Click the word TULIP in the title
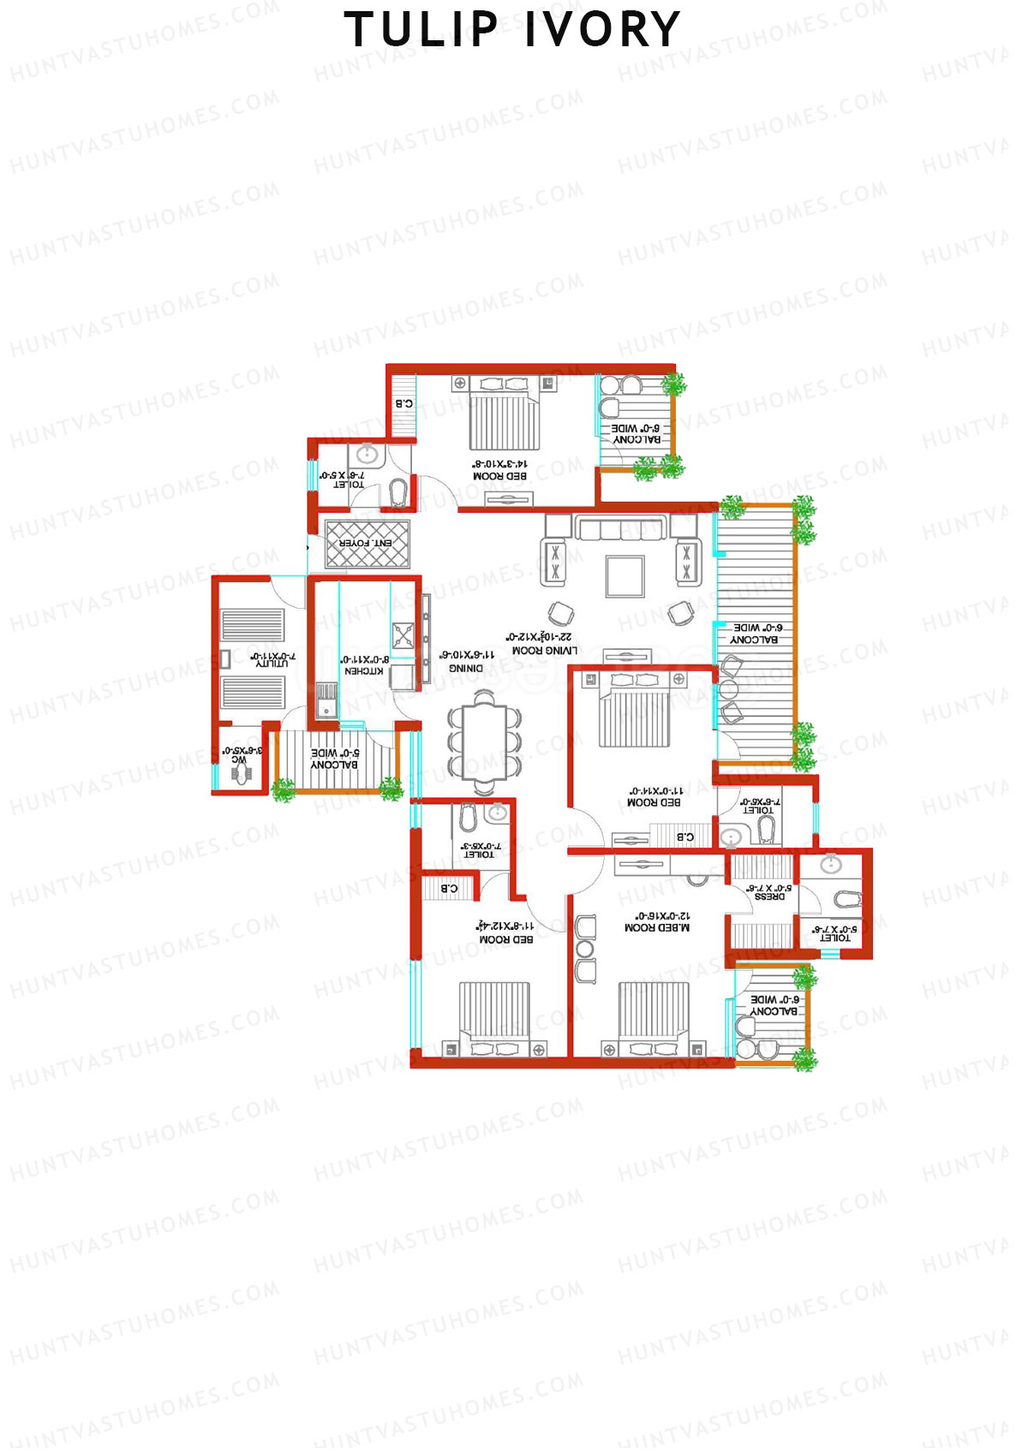421,30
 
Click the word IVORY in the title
602,30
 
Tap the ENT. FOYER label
366,544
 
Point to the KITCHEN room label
363,671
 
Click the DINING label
466,668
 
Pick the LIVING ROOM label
545,651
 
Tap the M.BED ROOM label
657,927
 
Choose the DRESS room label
769,897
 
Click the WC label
239,760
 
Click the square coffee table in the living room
625,575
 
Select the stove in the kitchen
403,634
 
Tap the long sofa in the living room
620,527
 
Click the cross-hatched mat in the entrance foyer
367,544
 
